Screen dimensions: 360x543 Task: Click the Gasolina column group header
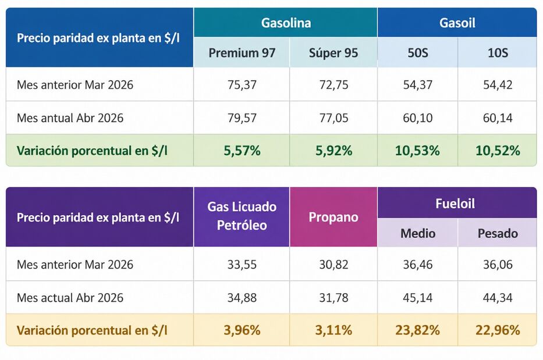[x=285, y=23]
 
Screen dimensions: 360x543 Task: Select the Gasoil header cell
[x=457, y=23]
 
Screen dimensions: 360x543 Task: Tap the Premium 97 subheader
[x=242, y=53]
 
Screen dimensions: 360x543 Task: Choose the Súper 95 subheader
[x=333, y=53]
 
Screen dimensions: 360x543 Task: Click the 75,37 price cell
[x=242, y=85]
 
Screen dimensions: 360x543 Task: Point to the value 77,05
[x=333, y=118]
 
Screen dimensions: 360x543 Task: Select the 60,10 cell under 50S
[x=417, y=118]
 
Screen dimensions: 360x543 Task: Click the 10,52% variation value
[x=497, y=151]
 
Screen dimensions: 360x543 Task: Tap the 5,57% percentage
[x=242, y=151]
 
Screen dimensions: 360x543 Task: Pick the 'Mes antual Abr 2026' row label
[x=70, y=118]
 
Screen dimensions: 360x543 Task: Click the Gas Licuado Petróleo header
[x=242, y=216]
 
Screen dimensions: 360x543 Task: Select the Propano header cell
[x=333, y=217]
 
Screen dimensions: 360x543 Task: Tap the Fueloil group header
[x=457, y=203]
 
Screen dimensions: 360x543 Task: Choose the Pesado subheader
[x=497, y=233]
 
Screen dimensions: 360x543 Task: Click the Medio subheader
[x=417, y=233]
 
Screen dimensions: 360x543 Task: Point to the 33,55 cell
[x=242, y=265]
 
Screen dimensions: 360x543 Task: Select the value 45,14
[x=417, y=298]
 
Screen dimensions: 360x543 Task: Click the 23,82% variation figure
[x=417, y=330]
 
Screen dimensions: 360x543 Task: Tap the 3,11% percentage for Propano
[x=333, y=330]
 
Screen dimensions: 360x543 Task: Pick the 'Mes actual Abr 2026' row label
[x=70, y=298]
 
